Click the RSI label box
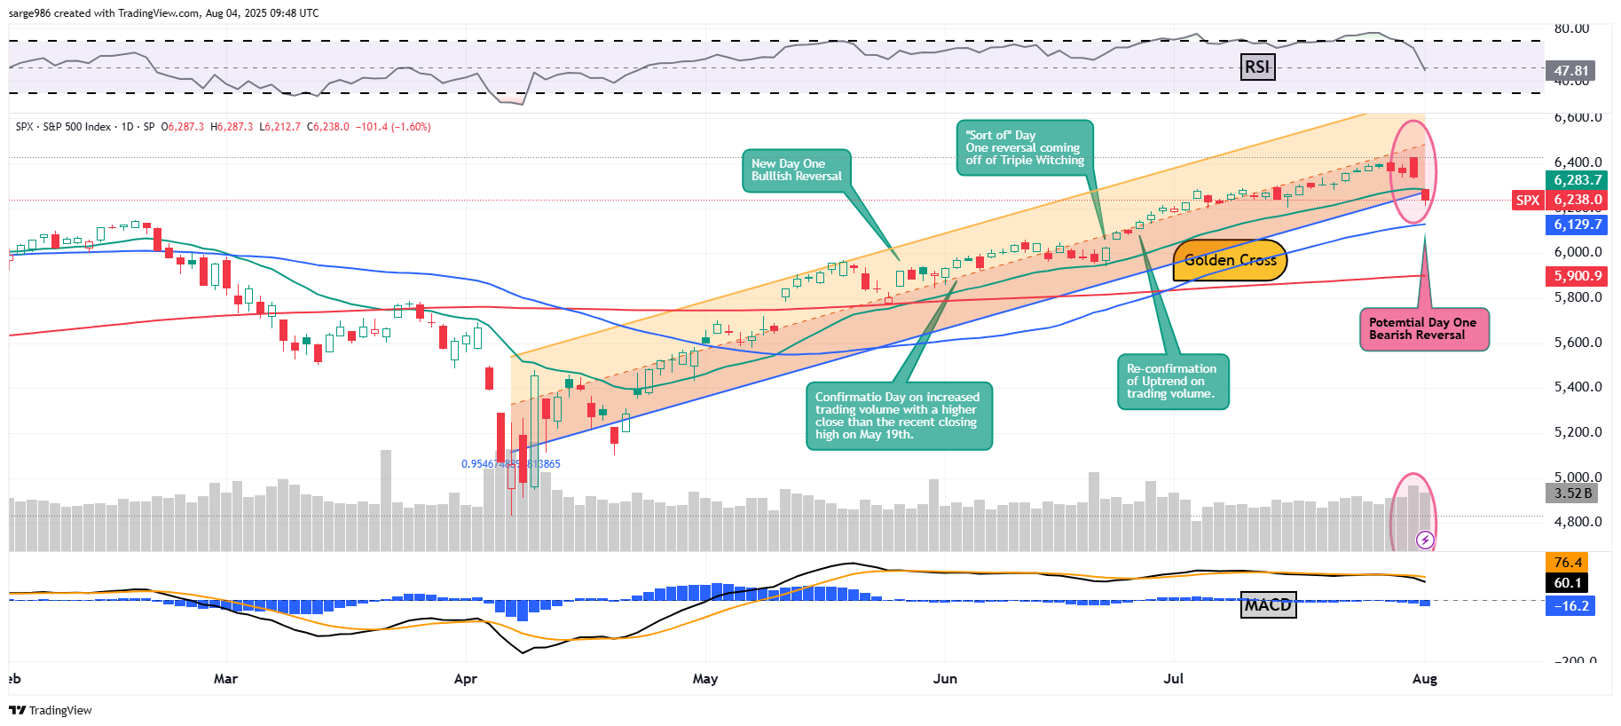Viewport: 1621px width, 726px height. click(x=1257, y=67)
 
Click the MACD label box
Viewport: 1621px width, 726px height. click(x=1268, y=605)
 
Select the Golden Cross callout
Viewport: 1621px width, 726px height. click(x=1230, y=260)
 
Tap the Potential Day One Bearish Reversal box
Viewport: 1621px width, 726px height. click(x=1423, y=329)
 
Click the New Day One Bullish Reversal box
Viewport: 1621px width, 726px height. click(x=796, y=170)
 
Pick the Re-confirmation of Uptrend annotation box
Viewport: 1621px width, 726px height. click(x=1172, y=382)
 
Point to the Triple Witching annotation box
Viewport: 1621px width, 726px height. click(x=1025, y=148)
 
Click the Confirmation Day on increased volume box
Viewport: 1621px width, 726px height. click(x=898, y=415)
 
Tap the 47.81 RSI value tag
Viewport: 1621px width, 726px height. click(x=1571, y=71)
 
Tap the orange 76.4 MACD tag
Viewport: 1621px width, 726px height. click(x=1568, y=563)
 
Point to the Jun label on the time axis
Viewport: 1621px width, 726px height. click(x=945, y=679)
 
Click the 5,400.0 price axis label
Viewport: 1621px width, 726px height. click(x=1578, y=387)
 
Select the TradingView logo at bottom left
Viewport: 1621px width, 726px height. click(x=51, y=710)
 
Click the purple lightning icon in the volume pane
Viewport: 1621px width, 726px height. click(x=1425, y=540)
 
